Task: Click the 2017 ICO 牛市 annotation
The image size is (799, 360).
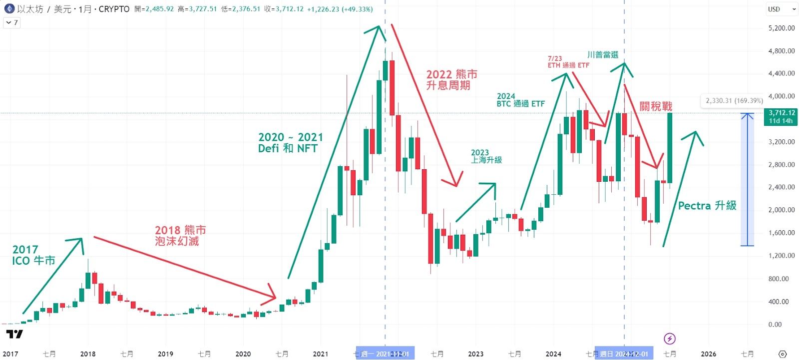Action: click(x=33, y=255)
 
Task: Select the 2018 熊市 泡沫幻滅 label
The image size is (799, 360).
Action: click(x=180, y=235)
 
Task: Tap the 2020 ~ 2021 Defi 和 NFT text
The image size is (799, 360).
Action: click(x=290, y=142)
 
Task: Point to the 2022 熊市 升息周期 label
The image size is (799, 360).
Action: click(x=451, y=80)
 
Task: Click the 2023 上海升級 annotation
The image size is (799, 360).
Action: click(x=486, y=156)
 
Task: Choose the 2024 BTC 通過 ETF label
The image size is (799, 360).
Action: click(x=520, y=100)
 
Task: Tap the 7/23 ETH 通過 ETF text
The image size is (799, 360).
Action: click(x=568, y=62)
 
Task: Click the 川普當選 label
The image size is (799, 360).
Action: click(x=603, y=54)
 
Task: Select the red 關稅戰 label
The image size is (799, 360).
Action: click(x=656, y=106)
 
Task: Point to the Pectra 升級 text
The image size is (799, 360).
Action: click(x=707, y=205)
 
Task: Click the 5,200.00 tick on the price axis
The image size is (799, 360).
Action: click(x=782, y=28)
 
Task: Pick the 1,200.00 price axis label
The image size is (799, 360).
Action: click(x=782, y=256)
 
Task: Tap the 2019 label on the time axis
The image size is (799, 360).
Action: click(x=165, y=354)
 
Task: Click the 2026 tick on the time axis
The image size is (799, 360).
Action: click(x=708, y=354)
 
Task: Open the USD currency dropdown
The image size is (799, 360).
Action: click(x=782, y=9)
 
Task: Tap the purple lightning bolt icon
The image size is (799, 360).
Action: click(x=670, y=339)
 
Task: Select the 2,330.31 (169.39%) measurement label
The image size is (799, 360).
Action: click(x=734, y=101)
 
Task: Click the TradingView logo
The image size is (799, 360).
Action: click(x=14, y=334)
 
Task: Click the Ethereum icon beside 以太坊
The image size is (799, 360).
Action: click(x=9, y=9)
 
